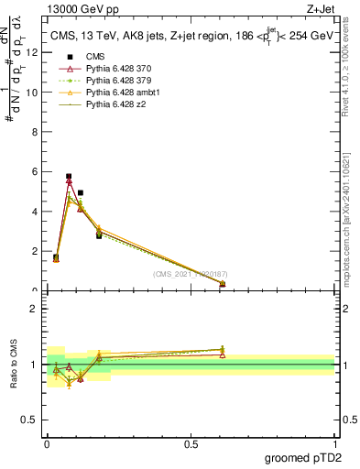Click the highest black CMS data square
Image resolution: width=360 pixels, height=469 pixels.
(x=69, y=176)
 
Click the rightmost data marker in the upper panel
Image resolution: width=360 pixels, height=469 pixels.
(x=223, y=284)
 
